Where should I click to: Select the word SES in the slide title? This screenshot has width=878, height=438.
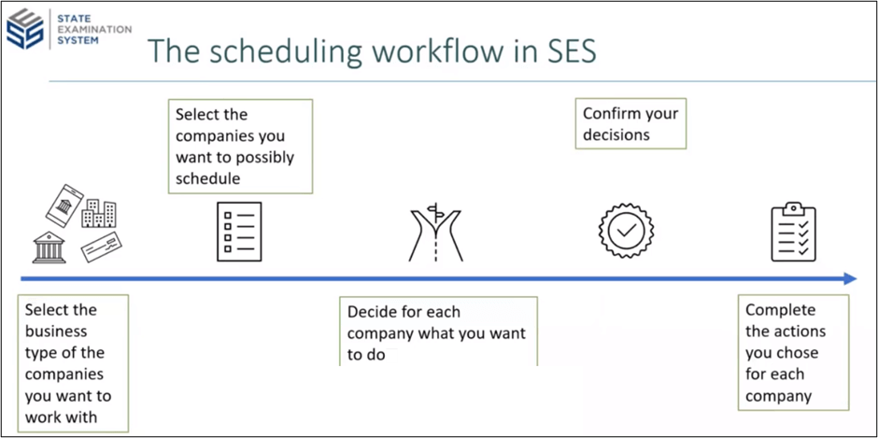[x=560, y=52]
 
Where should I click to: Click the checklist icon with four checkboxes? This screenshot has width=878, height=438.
[x=238, y=230]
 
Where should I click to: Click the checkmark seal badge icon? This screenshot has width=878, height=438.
[x=625, y=230]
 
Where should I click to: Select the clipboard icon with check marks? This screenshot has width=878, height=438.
[x=793, y=231]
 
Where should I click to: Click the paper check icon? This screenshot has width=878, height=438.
[x=102, y=246]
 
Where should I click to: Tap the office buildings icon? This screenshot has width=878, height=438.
[x=99, y=214]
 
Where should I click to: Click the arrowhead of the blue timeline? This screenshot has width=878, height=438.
[x=849, y=278]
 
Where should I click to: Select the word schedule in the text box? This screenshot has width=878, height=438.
[x=208, y=178]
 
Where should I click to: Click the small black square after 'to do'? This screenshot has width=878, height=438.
[x=391, y=356]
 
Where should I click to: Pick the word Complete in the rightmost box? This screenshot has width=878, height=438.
[x=780, y=310]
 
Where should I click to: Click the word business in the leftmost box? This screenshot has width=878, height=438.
[x=56, y=332]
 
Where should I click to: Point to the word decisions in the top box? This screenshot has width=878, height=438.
[x=616, y=134]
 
